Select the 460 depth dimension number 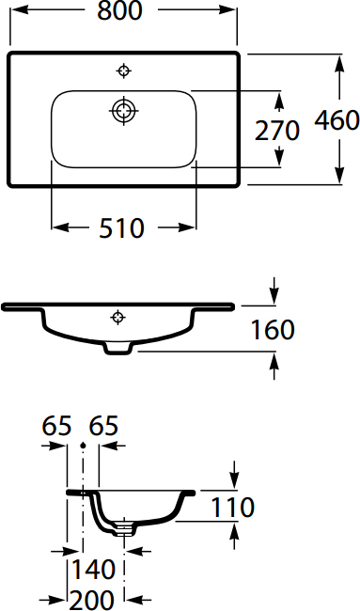point(337,120)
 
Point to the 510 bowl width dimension point(123,227)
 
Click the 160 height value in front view point(273,330)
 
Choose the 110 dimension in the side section point(231,508)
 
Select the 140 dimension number point(93,569)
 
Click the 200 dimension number point(92,598)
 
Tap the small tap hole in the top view point(124,70)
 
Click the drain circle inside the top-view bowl point(123,110)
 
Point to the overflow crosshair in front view point(118,316)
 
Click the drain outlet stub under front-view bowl point(118,350)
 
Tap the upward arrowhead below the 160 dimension point(274,364)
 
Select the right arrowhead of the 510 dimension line point(191,227)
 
